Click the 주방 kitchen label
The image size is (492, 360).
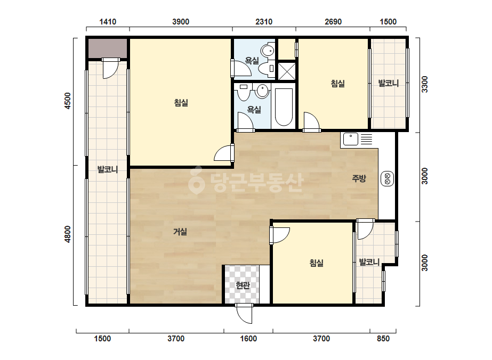tap(359, 178)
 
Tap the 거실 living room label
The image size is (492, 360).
tap(180, 232)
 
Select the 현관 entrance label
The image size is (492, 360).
tap(243, 285)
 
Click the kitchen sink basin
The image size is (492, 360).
tap(351, 139)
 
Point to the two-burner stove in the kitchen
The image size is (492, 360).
tap(387, 179)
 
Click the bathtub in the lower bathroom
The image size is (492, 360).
tap(284, 107)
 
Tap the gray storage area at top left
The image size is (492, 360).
tap(107, 48)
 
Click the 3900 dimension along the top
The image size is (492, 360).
tap(181, 22)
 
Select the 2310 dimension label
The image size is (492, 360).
tap(264, 22)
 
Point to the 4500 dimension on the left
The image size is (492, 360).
tap(68, 101)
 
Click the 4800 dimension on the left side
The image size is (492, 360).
tap(68, 234)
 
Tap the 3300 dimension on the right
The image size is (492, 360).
tap(424, 84)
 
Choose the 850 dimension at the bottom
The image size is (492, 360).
tap(383, 339)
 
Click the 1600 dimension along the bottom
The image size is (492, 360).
tap(248, 339)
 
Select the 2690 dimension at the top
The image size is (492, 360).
tap(333, 22)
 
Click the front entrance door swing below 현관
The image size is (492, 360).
tap(244, 314)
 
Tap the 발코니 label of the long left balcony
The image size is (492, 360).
tap(108, 170)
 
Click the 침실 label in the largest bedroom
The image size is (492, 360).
tap(181, 103)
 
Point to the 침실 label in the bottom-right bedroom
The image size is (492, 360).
tap(316, 263)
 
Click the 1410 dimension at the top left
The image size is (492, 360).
tap(108, 22)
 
